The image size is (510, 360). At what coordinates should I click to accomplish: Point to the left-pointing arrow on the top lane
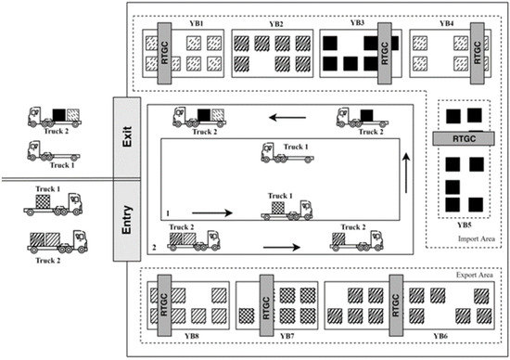pyautogui.click(x=279, y=118)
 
